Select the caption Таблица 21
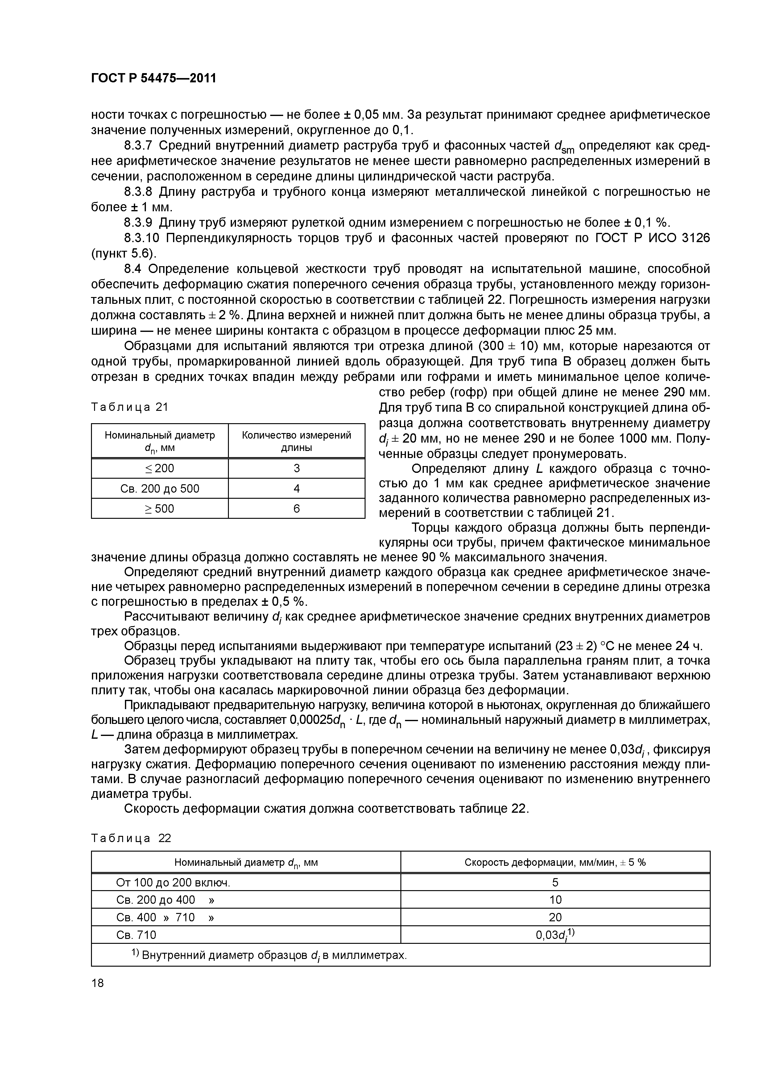(x=129, y=407)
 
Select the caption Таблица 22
(x=131, y=838)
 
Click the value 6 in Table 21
(x=296, y=509)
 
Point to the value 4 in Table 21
(x=296, y=489)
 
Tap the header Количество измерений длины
(x=296, y=441)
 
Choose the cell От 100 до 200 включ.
(x=173, y=883)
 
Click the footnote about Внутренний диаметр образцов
(x=269, y=955)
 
